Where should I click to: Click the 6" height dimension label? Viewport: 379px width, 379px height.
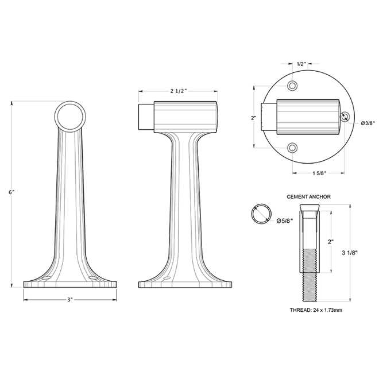[x=11, y=192]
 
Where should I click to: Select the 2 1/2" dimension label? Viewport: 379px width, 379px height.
[x=179, y=91]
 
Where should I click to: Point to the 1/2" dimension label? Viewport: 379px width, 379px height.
[x=301, y=64]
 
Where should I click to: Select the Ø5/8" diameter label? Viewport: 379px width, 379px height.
[x=285, y=221]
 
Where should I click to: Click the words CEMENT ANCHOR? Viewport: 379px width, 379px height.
[x=308, y=196]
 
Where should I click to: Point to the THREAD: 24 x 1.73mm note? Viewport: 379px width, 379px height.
[x=316, y=310]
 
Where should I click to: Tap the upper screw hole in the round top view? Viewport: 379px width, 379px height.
[x=293, y=86]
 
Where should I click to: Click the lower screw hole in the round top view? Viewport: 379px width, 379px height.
[x=293, y=148]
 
